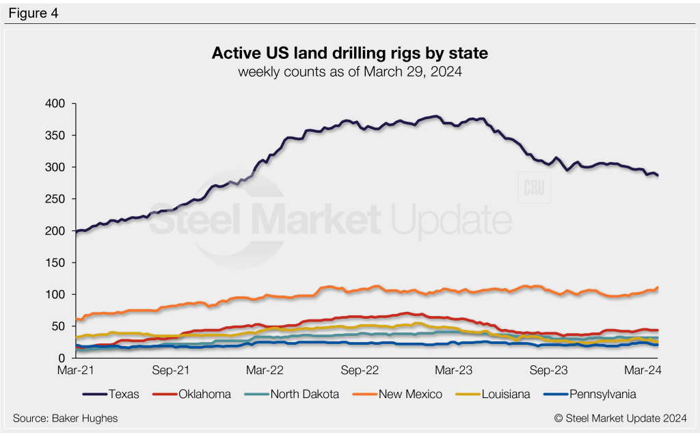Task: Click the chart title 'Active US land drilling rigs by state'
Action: pyautogui.click(x=350, y=53)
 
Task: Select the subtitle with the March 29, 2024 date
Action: pyautogui.click(x=350, y=71)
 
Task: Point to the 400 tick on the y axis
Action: pyautogui.click(x=55, y=103)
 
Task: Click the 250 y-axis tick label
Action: pyautogui.click(x=55, y=199)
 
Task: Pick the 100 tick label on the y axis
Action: pyautogui.click(x=55, y=295)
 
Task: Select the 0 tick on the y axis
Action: pyautogui.click(x=61, y=358)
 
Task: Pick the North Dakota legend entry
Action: pyautogui.click(x=299, y=394)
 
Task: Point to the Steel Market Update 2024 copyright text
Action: pyautogui.click(x=620, y=417)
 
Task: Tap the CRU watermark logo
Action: pyautogui.click(x=535, y=189)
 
